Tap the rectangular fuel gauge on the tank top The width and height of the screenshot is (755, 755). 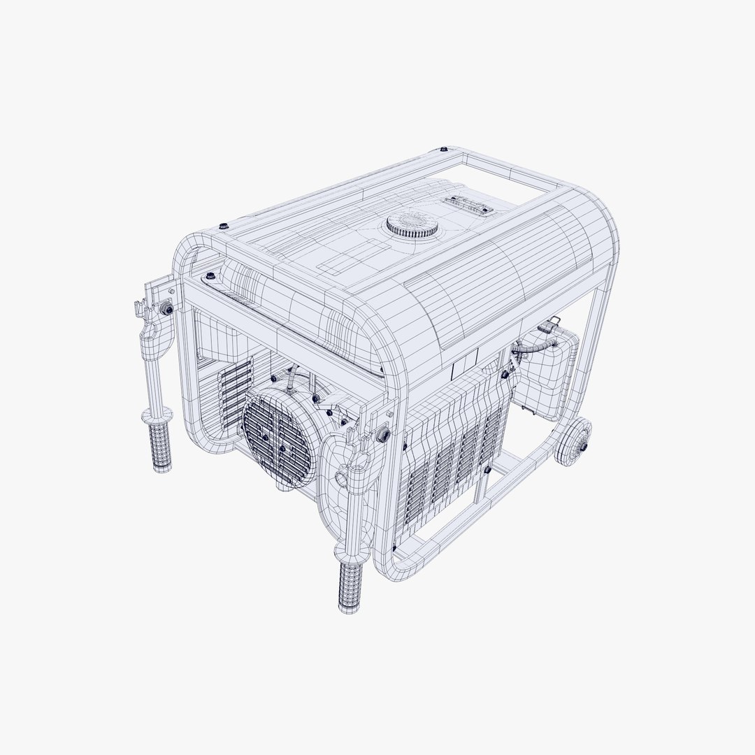(x=468, y=205)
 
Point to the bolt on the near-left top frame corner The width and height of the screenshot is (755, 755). (x=223, y=225)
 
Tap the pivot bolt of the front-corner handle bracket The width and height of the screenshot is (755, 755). (x=382, y=435)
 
